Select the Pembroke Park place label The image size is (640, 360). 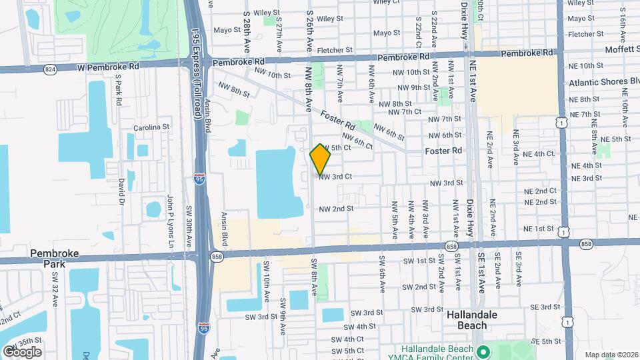(55, 259)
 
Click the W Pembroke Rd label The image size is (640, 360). (108, 67)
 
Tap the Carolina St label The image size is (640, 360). (147, 127)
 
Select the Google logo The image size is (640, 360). (23, 351)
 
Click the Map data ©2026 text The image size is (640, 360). (611, 354)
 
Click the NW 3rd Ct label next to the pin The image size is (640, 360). (335, 177)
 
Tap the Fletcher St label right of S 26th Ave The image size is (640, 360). (335, 50)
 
